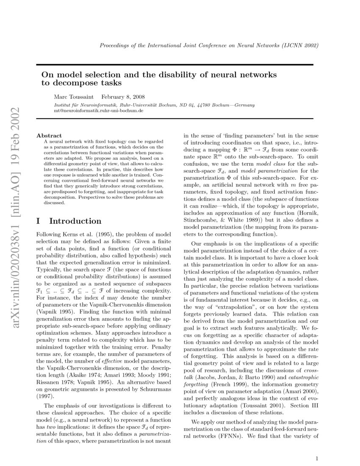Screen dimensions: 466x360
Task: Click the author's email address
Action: [99, 110]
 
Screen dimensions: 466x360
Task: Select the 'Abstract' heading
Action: [49, 136]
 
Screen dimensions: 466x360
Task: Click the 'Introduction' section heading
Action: [75, 221]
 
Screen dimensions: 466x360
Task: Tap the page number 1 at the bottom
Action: [317, 458]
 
